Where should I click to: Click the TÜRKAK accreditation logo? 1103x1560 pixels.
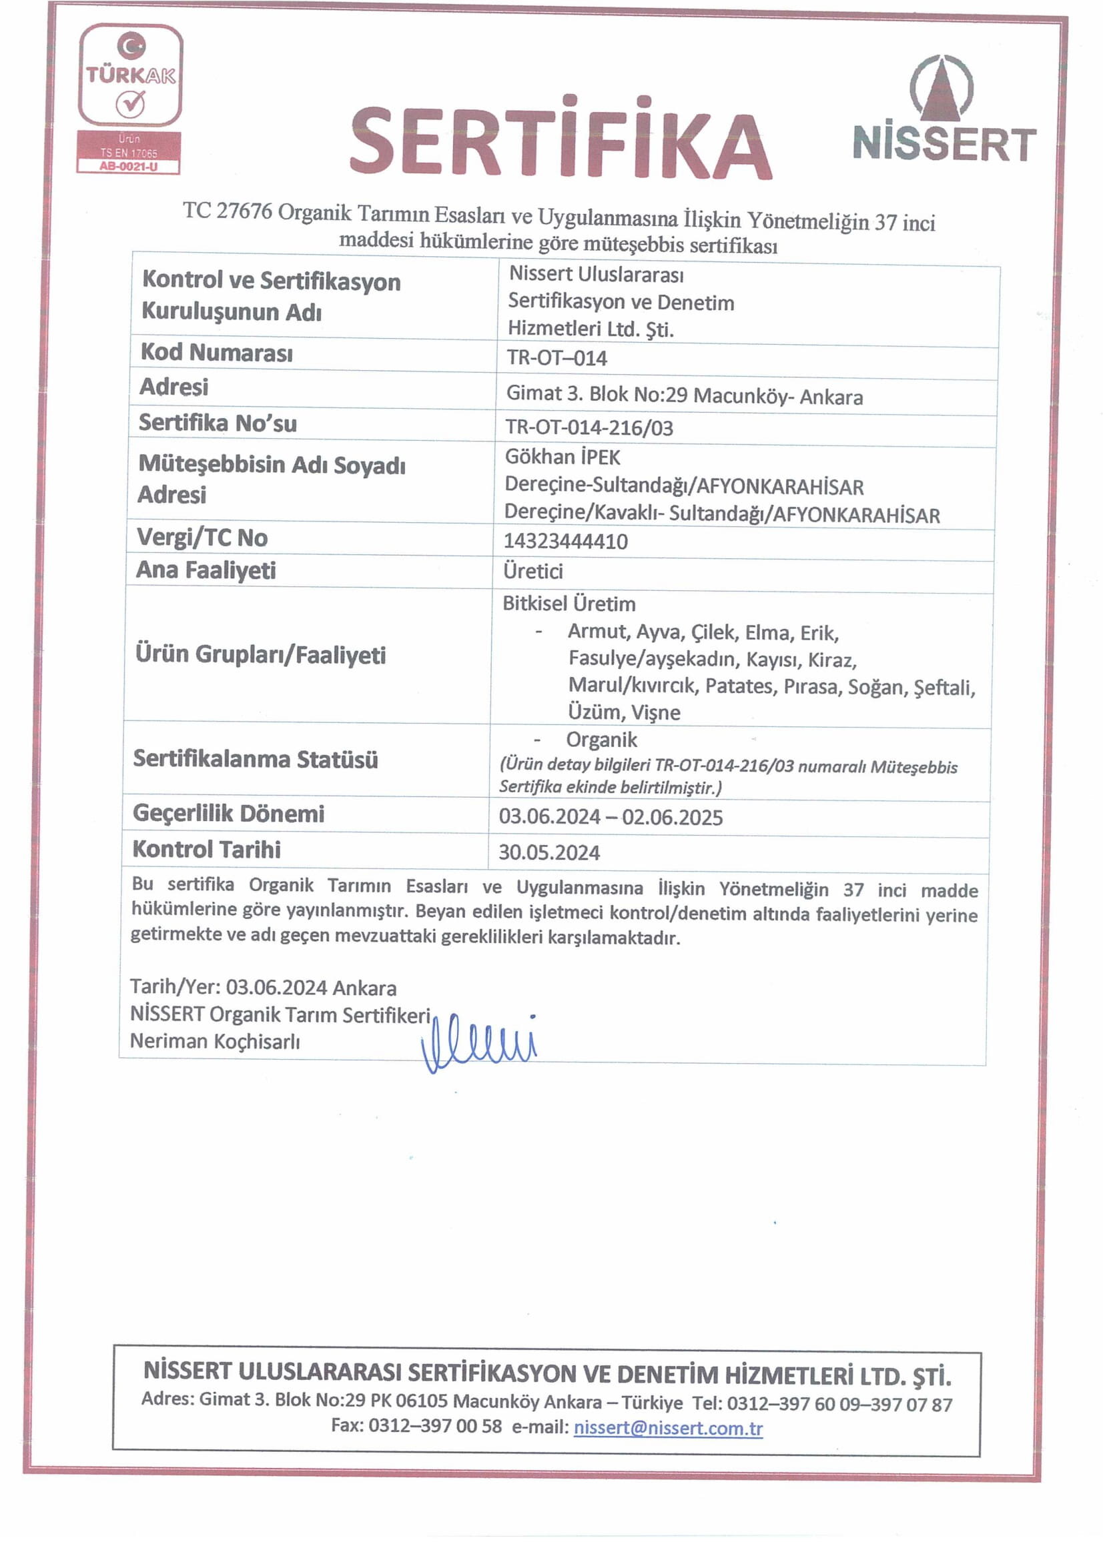(130, 75)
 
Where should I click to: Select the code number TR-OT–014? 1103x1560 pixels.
(557, 358)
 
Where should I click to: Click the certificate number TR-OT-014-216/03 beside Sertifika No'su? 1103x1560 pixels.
(589, 428)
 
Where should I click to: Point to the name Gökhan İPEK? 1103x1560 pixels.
(562, 458)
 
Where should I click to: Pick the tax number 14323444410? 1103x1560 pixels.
(565, 542)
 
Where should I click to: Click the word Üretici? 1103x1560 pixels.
(532, 572)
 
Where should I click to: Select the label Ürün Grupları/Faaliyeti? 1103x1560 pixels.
(260, 655)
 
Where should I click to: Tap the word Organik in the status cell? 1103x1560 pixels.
(601, 740)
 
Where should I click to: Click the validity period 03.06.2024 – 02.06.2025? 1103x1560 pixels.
(611, 817)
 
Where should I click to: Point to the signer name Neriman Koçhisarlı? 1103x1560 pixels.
(215, 1042)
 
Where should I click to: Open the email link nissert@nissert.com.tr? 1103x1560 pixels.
(667, 1427)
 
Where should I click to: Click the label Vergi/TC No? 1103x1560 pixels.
(203, 538)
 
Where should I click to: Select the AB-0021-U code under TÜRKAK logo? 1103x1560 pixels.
(128, 167)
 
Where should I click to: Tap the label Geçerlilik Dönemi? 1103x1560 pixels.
(228, 814)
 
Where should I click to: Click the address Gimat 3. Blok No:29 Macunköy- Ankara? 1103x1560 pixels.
(685, 396)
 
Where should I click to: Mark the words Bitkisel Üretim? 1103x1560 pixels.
(569, 604)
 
